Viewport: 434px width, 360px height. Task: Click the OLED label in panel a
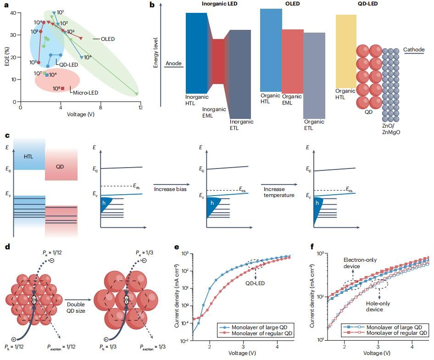[x=108, y=39]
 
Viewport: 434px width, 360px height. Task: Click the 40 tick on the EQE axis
[x=12, y=13]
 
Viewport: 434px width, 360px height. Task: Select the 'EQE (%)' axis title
[x=6, y=57]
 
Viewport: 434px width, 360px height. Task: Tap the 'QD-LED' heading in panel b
[x=355, y=4]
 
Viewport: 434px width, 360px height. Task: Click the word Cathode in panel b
[x=414, y=49]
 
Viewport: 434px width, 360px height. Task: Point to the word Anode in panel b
[x=174, y=63]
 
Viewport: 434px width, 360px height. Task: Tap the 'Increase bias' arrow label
[x=170, y=189]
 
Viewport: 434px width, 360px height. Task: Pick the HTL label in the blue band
[x=29, y=157]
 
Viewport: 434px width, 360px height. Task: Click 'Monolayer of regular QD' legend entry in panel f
[x=398, y=333]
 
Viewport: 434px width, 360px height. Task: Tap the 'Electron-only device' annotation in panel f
[x=360, y=263]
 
